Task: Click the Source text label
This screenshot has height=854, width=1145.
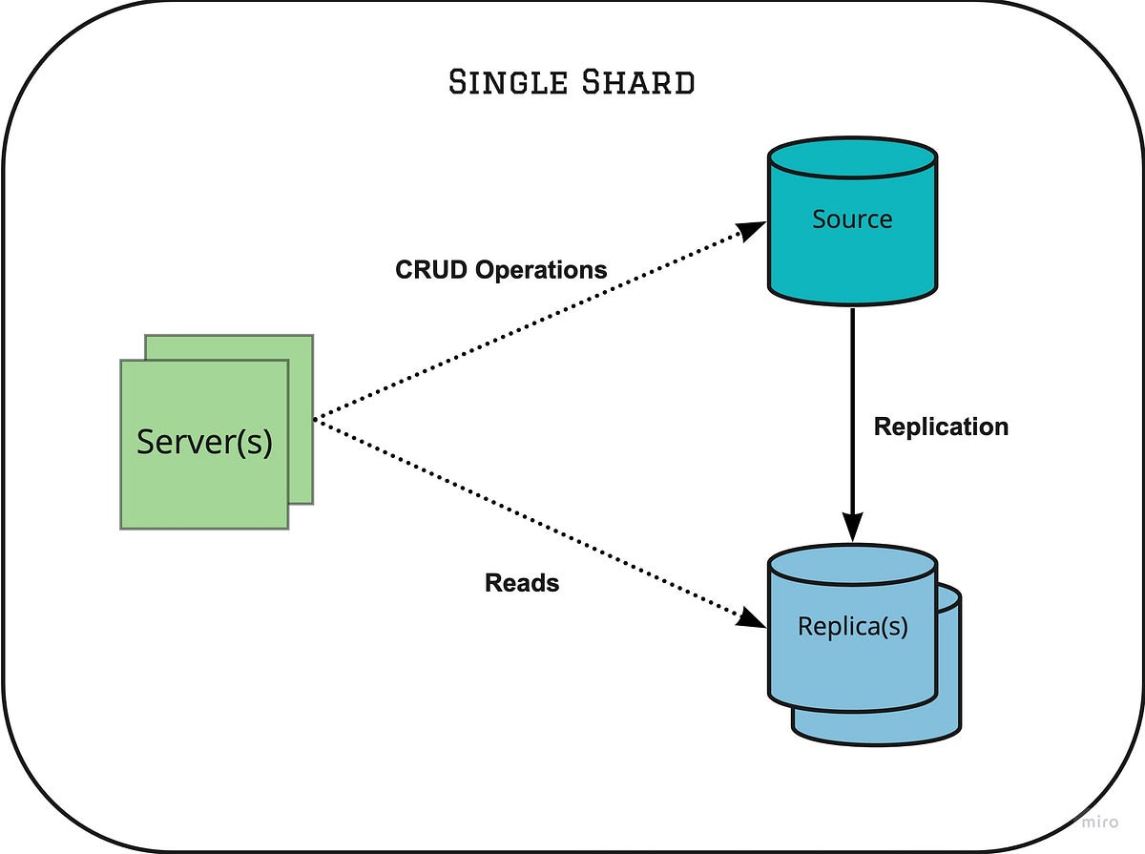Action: [x=852, y=219]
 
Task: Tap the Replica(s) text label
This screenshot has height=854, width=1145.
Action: [x=852, y=627]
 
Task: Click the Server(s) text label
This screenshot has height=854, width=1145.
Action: [x=204, y=442]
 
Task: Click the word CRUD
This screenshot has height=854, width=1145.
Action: [x=431, y=270]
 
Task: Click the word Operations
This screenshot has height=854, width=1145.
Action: [x=541, y=270]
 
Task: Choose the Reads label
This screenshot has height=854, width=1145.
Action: [x=522, y=582]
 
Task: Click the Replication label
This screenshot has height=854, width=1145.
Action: [x=941, y=427]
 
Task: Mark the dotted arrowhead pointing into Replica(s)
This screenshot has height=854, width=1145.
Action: [x=753, y=618]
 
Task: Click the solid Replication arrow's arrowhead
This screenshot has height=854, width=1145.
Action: [x=852, y=527]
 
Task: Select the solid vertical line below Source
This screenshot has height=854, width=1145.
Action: [x=852, y=401]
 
